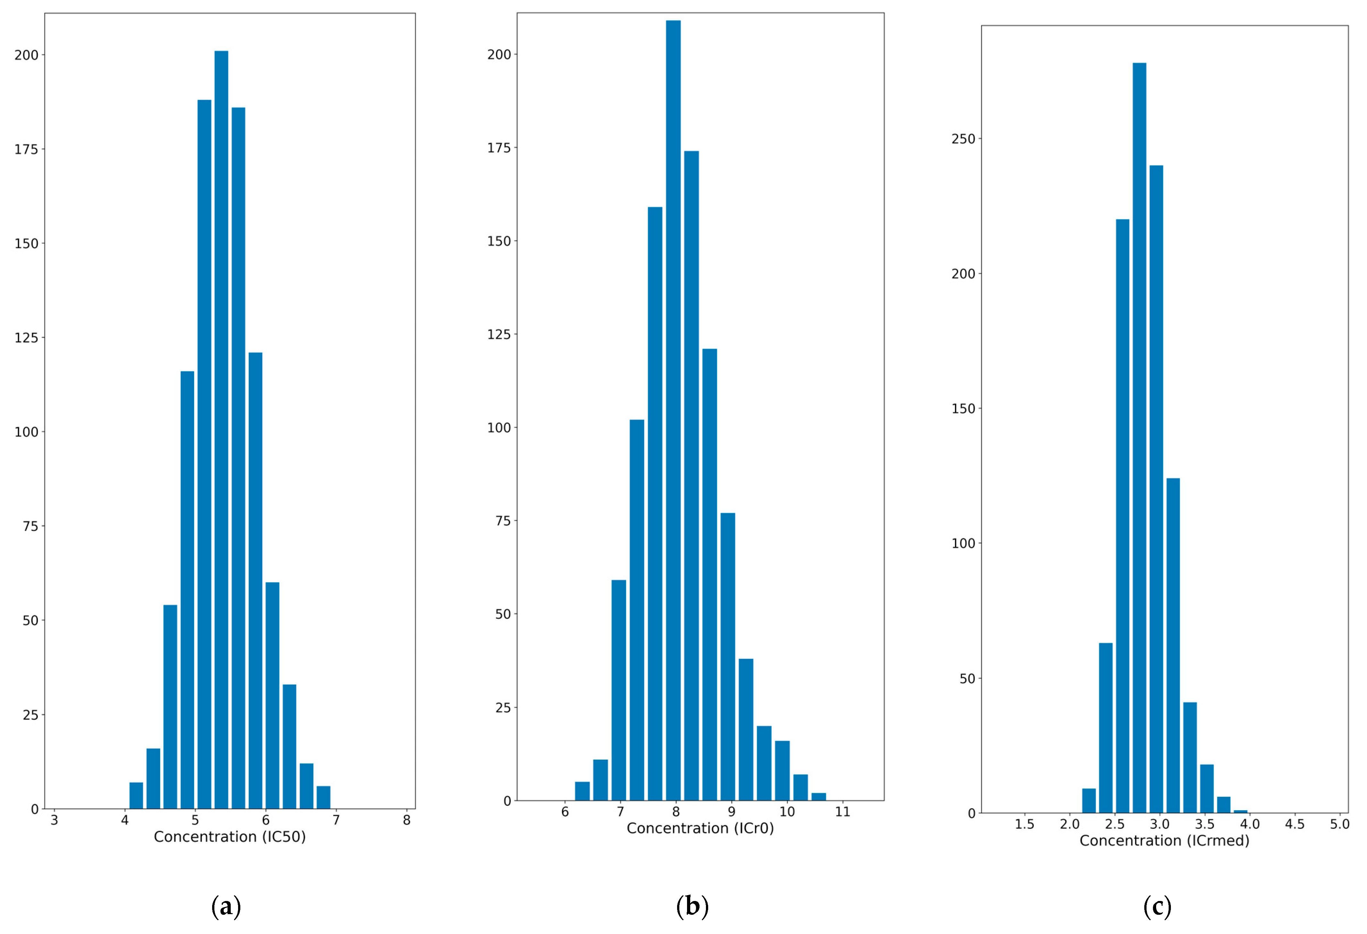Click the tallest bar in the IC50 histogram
(x=221, y=430)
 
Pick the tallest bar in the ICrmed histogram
(x=1139, y=438)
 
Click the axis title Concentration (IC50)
(x=229, y=837)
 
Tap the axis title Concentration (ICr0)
(x=700, y=829)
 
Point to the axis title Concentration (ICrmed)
(x=1164, y=840)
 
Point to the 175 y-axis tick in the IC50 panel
(x=27, y=149)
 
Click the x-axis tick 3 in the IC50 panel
(x=54, y=820)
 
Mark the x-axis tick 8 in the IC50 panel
(x=406, y=820)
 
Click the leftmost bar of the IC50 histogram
(x=136, y=796)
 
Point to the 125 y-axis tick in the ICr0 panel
(x=499, y=334)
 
